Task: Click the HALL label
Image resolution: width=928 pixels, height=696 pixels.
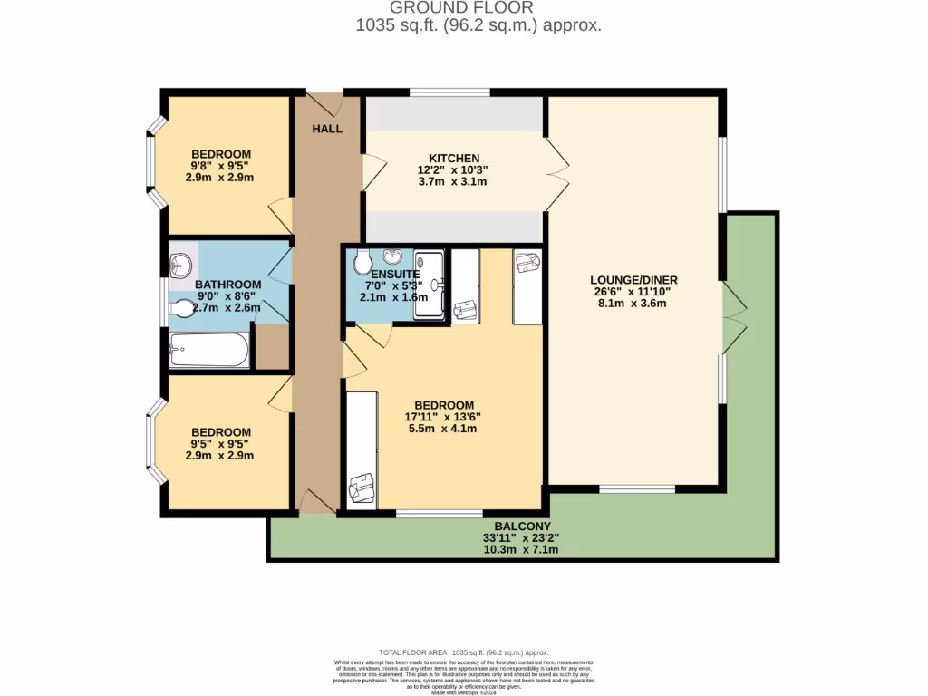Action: coord(327,130)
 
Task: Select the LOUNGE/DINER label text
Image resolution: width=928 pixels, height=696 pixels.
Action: coord(634,279)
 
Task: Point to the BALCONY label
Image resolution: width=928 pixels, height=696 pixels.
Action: coord(522,527)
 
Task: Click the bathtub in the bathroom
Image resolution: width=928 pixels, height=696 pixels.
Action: coord(210,350)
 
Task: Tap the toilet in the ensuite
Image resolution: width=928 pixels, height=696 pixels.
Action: coord(360,263)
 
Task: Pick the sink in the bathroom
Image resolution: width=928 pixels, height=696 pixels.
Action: coord(181,266)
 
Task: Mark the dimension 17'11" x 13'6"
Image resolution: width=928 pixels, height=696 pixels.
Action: coord(442,417)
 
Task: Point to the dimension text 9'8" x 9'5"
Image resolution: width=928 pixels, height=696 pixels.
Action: coord(221,166)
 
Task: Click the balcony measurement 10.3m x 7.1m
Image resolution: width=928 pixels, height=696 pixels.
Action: coord(520,549)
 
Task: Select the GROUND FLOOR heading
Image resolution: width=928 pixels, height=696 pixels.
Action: coord(480,8)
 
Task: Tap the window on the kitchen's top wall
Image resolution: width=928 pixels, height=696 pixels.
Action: coord(449,92)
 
